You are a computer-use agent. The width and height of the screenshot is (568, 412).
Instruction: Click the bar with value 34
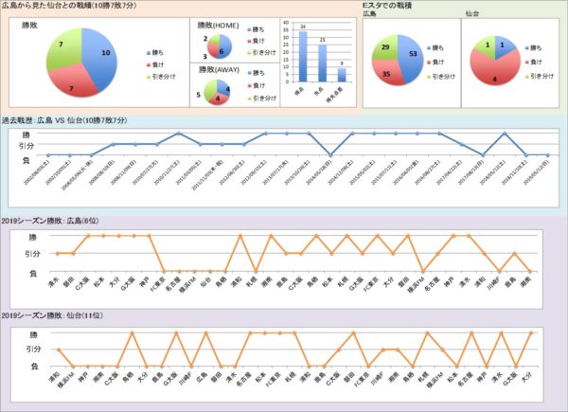(x=303, y=57)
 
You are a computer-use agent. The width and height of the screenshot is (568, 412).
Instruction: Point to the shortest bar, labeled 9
(x=341, y=74)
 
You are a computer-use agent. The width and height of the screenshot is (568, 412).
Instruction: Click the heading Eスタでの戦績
(x=391, y=7)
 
